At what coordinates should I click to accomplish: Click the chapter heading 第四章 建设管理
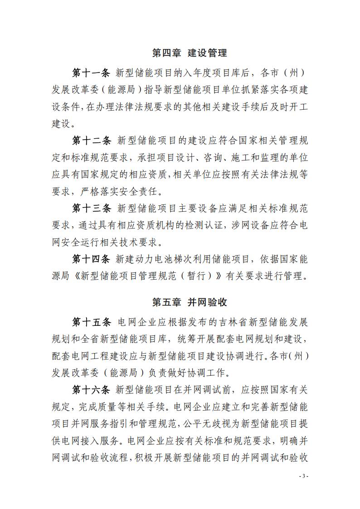pyautogui.click(x=189, y=53)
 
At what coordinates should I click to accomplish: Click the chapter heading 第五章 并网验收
pyautogui.click(x=189, y=301)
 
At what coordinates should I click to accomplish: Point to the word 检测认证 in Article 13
pyautogui.click(x=204, y=225)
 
